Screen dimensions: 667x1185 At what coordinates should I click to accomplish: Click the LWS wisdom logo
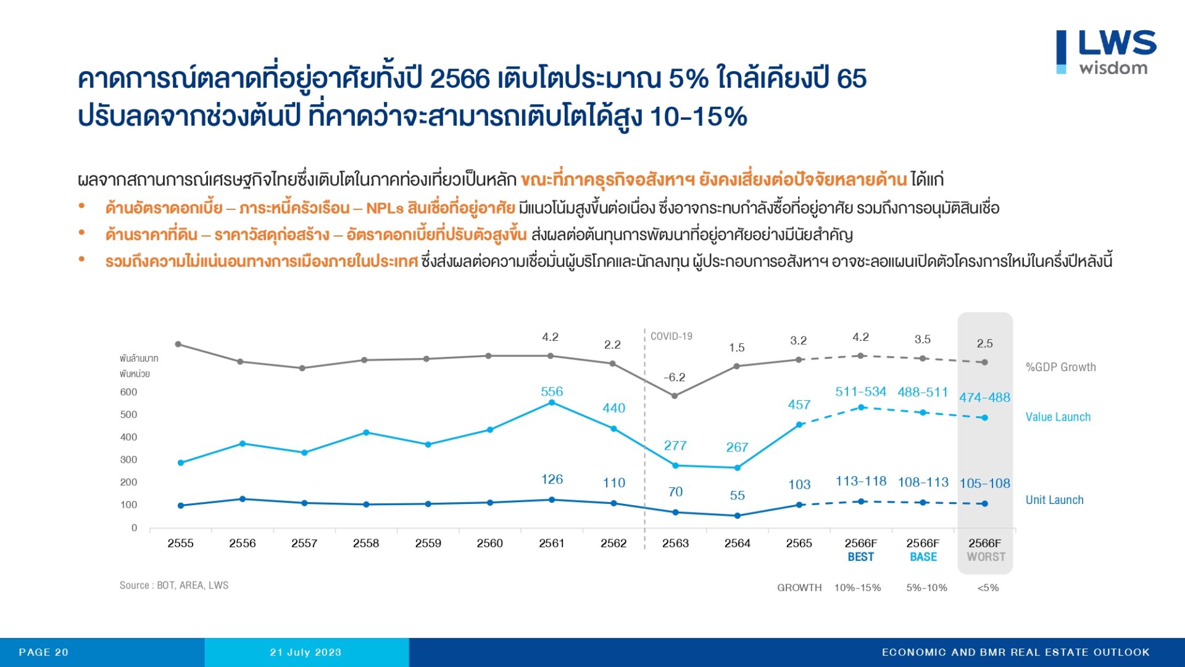point(1106,52)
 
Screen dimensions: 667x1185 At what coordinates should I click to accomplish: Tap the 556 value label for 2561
point(552,392)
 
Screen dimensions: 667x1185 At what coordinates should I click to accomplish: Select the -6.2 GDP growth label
point(674,377)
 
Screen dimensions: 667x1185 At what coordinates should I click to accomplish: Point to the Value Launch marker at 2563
point(675,466)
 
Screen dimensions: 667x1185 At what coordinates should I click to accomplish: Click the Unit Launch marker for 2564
point(737,516)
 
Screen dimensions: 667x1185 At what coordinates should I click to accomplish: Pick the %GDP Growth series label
point(1060,367)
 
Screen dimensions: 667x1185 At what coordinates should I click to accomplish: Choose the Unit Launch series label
point(1054,500)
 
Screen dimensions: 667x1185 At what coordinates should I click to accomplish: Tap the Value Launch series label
point(1058,417)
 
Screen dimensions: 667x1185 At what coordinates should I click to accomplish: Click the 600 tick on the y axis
point(128,392)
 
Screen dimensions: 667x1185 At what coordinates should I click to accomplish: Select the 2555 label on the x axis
point(180,543)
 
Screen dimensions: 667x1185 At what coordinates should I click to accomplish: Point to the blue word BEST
point(860,557)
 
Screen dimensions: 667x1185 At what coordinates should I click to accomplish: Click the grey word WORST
point(986,557)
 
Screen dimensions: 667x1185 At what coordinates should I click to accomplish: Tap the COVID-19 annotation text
point(671,337)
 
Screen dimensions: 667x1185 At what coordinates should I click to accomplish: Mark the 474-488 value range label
point(984,398)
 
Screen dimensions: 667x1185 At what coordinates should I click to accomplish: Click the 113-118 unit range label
point(861,481)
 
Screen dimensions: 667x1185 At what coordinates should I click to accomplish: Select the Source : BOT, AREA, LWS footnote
point(173,585)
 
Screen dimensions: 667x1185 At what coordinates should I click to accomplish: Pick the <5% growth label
point(987,588)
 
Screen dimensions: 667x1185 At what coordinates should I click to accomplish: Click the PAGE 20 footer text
point(43,652)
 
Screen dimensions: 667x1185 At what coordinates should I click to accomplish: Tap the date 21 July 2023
point(306,652)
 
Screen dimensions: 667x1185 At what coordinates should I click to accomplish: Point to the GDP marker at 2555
point(178,344)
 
